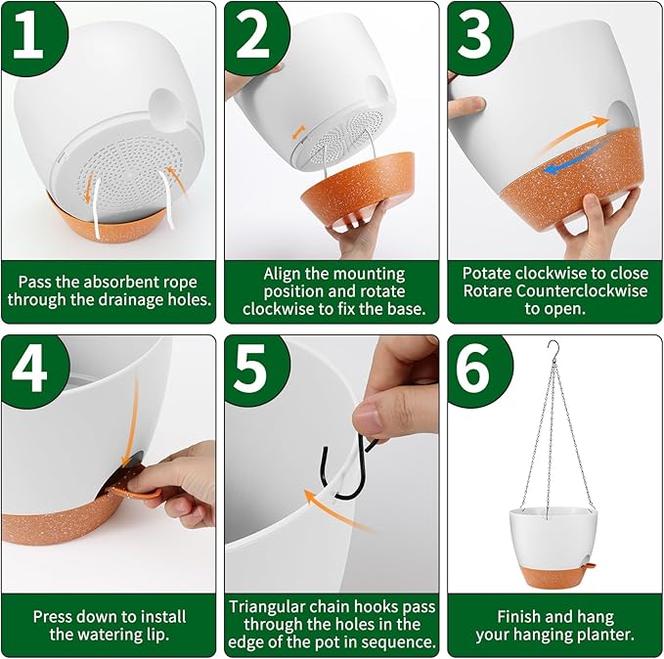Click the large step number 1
point(28,35)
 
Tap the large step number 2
point(252,35)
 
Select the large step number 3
point(474,35)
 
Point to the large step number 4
point(28,368)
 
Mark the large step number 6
point(474,368)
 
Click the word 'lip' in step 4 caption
point(158,635)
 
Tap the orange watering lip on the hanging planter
point(590,564)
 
